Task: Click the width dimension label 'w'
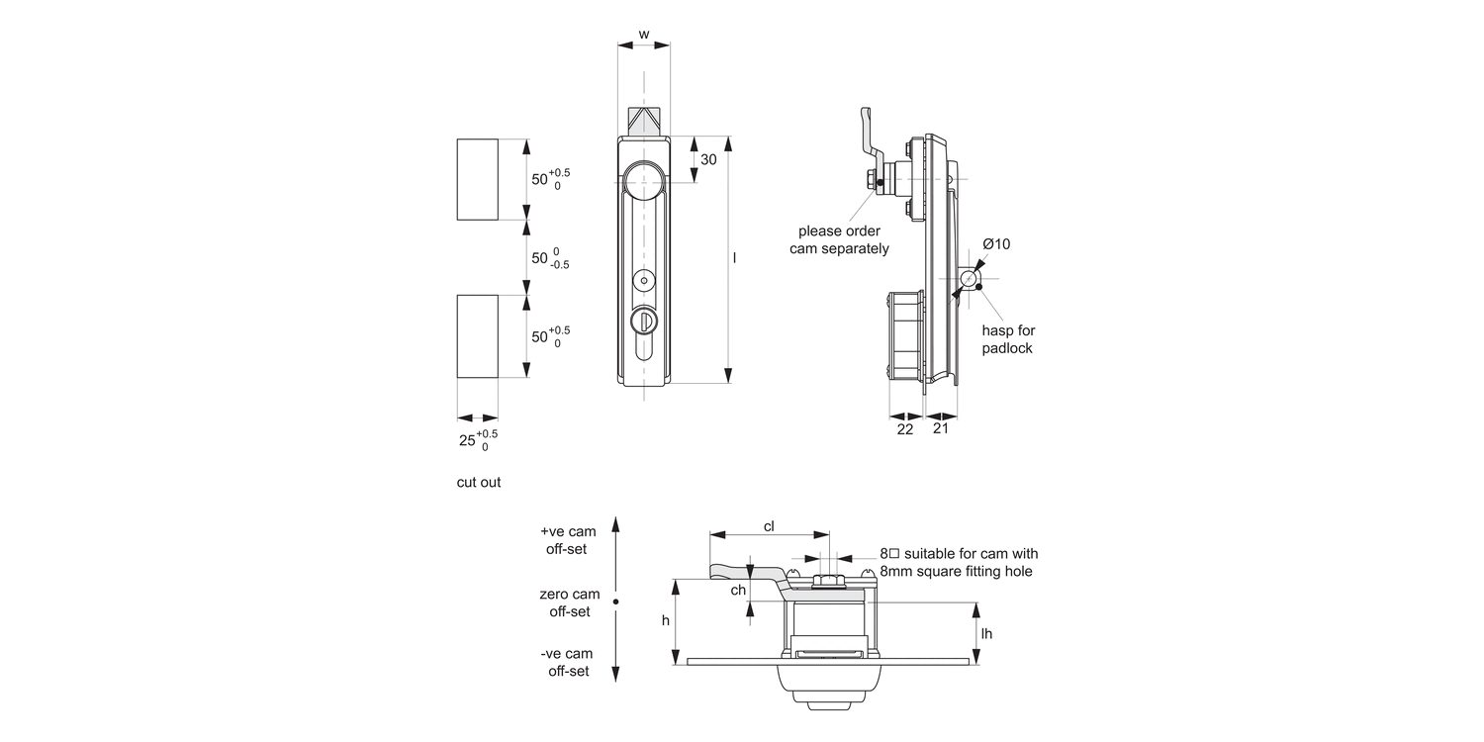tap(643, 35)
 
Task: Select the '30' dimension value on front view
tap(708, 159)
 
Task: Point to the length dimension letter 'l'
tap(735, 257)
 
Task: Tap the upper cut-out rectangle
tap(477, 179)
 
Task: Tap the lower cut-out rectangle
tap(477, 335)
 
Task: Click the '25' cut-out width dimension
tap(468, 440)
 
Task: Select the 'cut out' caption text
tap(479, 482)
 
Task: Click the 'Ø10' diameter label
tap(996, 244)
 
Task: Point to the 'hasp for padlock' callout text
tap(1008, 339)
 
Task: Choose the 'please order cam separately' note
tap(839, 239)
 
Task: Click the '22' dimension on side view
tap(905, 428)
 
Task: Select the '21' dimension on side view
tap(941, 428)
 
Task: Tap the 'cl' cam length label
tap(769, 526)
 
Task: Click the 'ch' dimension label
tap(738, 591)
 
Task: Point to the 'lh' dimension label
tap(986, 633)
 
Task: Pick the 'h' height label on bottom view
tap(666, 620)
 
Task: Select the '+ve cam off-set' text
tap(568, 540)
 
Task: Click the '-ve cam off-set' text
tap(568, 662)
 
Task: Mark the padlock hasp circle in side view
tap(969, 280)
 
